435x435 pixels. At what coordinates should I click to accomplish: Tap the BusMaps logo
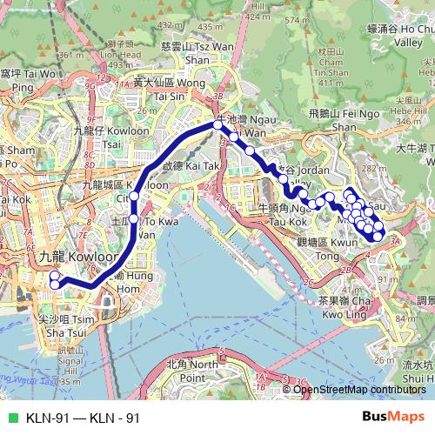[394, 418]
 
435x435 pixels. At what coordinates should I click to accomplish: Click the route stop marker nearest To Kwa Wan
[135, 217]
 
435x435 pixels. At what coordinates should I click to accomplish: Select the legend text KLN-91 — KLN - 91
[84, 418]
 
